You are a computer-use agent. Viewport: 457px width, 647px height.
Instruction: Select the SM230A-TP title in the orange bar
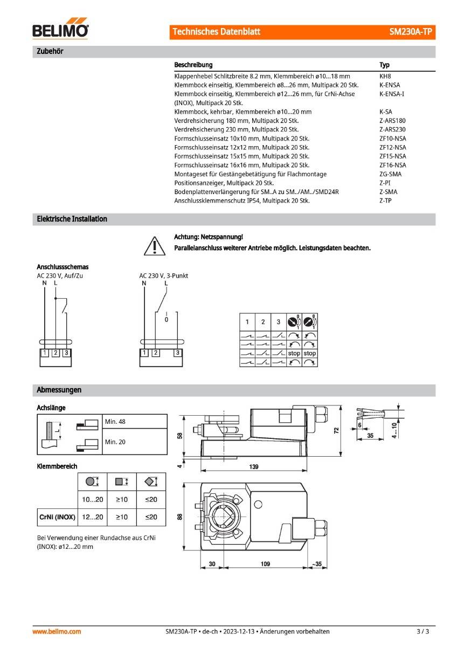(411, 32)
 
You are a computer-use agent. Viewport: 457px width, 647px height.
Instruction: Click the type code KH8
(385, 77)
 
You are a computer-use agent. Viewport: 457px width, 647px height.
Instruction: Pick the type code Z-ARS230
(392, 129)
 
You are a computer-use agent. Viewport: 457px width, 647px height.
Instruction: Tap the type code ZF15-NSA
(393, 156)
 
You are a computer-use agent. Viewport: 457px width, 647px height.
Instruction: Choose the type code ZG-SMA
(390, 174)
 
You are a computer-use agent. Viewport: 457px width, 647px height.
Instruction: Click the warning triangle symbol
(154, 245)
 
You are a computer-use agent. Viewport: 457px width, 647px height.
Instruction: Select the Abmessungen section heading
(59, 389)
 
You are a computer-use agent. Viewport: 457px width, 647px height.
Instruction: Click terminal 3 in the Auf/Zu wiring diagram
(66, 353)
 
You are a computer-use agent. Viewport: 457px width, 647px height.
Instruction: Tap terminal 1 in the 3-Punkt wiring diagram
(144, 353)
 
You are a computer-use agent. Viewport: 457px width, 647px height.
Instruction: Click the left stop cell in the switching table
(294, 353)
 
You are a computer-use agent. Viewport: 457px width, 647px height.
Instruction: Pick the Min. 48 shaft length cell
(115, 422)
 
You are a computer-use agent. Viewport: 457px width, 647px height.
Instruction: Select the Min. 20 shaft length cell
(115, 442)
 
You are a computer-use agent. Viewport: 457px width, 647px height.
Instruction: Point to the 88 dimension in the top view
(181, 516)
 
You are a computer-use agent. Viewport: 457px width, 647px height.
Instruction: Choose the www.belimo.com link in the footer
(57, 631)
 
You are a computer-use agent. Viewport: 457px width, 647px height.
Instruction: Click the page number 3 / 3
(423, 631)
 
